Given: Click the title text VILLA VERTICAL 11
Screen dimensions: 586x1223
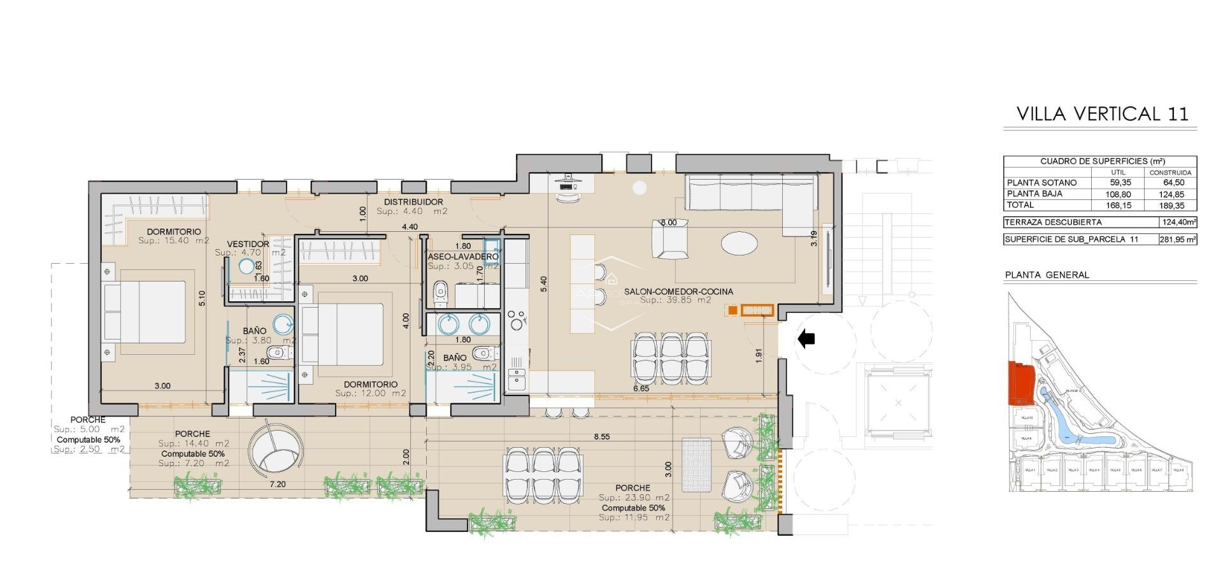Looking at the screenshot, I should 1102,114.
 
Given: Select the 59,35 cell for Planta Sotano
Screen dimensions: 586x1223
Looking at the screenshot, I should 1120,183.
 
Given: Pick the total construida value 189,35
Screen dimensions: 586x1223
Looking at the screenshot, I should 1171,206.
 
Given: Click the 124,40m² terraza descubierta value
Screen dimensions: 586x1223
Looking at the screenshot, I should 1178,222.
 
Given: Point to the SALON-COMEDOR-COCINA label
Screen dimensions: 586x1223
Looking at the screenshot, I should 678,292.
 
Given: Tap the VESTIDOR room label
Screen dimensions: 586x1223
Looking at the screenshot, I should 248,244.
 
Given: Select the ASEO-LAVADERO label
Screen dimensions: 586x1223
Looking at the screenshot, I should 463,257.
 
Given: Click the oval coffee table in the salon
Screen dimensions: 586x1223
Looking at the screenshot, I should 740,243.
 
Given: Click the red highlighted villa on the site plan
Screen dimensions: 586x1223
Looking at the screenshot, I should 1020,383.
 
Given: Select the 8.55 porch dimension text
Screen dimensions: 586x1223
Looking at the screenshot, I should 601,437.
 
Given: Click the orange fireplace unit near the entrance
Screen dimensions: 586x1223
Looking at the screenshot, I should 757,310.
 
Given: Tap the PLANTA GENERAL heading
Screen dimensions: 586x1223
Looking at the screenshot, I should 1047,275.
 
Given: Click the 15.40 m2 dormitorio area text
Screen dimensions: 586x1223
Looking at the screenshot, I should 173,241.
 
